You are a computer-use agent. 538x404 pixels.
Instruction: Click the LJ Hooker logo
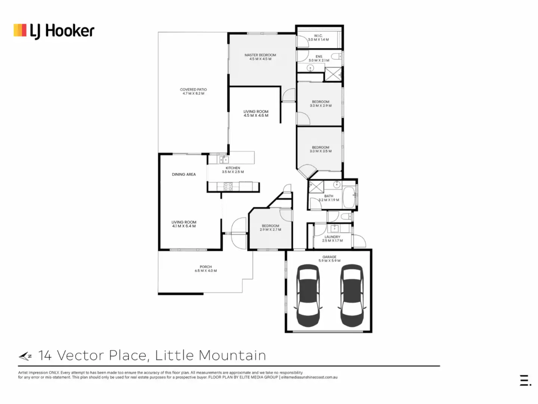pos(54,31)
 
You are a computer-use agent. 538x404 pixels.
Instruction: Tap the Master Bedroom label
pos(260,57)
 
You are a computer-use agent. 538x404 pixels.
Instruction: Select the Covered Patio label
pos(193,91)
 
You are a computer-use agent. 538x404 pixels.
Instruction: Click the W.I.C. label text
pos(318,36)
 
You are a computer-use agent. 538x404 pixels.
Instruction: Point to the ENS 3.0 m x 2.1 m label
pos(319,58)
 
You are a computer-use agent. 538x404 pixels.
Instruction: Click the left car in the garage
pos(309,295)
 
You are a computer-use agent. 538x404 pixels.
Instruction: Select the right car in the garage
pos(352,295)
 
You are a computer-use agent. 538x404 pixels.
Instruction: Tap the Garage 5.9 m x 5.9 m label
pos(329,259)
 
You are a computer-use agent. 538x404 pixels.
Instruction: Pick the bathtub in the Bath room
pos(349,198)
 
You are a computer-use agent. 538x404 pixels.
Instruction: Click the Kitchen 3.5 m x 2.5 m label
pos(233,170)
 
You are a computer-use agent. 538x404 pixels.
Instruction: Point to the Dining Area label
pos(184,174)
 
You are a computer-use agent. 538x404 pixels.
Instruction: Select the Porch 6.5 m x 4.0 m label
pos(205,269)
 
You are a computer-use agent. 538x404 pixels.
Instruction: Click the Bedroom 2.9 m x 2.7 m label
pos(270,227)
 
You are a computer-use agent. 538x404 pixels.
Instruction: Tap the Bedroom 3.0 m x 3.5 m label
pos(321,149)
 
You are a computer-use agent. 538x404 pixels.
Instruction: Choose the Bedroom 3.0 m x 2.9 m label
pos(321,104)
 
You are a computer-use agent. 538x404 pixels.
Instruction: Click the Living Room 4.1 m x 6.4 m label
pos(184,224)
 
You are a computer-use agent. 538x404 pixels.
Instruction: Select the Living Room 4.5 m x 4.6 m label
pos(256,113)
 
